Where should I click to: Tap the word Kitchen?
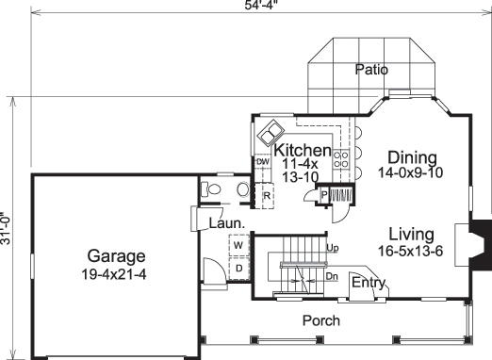click(302, 151)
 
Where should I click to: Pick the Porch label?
click(320, 321)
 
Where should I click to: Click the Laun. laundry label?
click(226, 223)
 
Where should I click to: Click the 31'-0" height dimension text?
click(8, 226)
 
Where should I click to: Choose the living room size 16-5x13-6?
click(412, 251)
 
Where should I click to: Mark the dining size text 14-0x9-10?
click(410, 173)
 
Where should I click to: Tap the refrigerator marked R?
click(268, 196)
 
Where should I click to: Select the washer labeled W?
click(238, 246)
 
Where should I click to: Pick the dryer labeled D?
click(238, 268)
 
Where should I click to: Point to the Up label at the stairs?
click(332, 248)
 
